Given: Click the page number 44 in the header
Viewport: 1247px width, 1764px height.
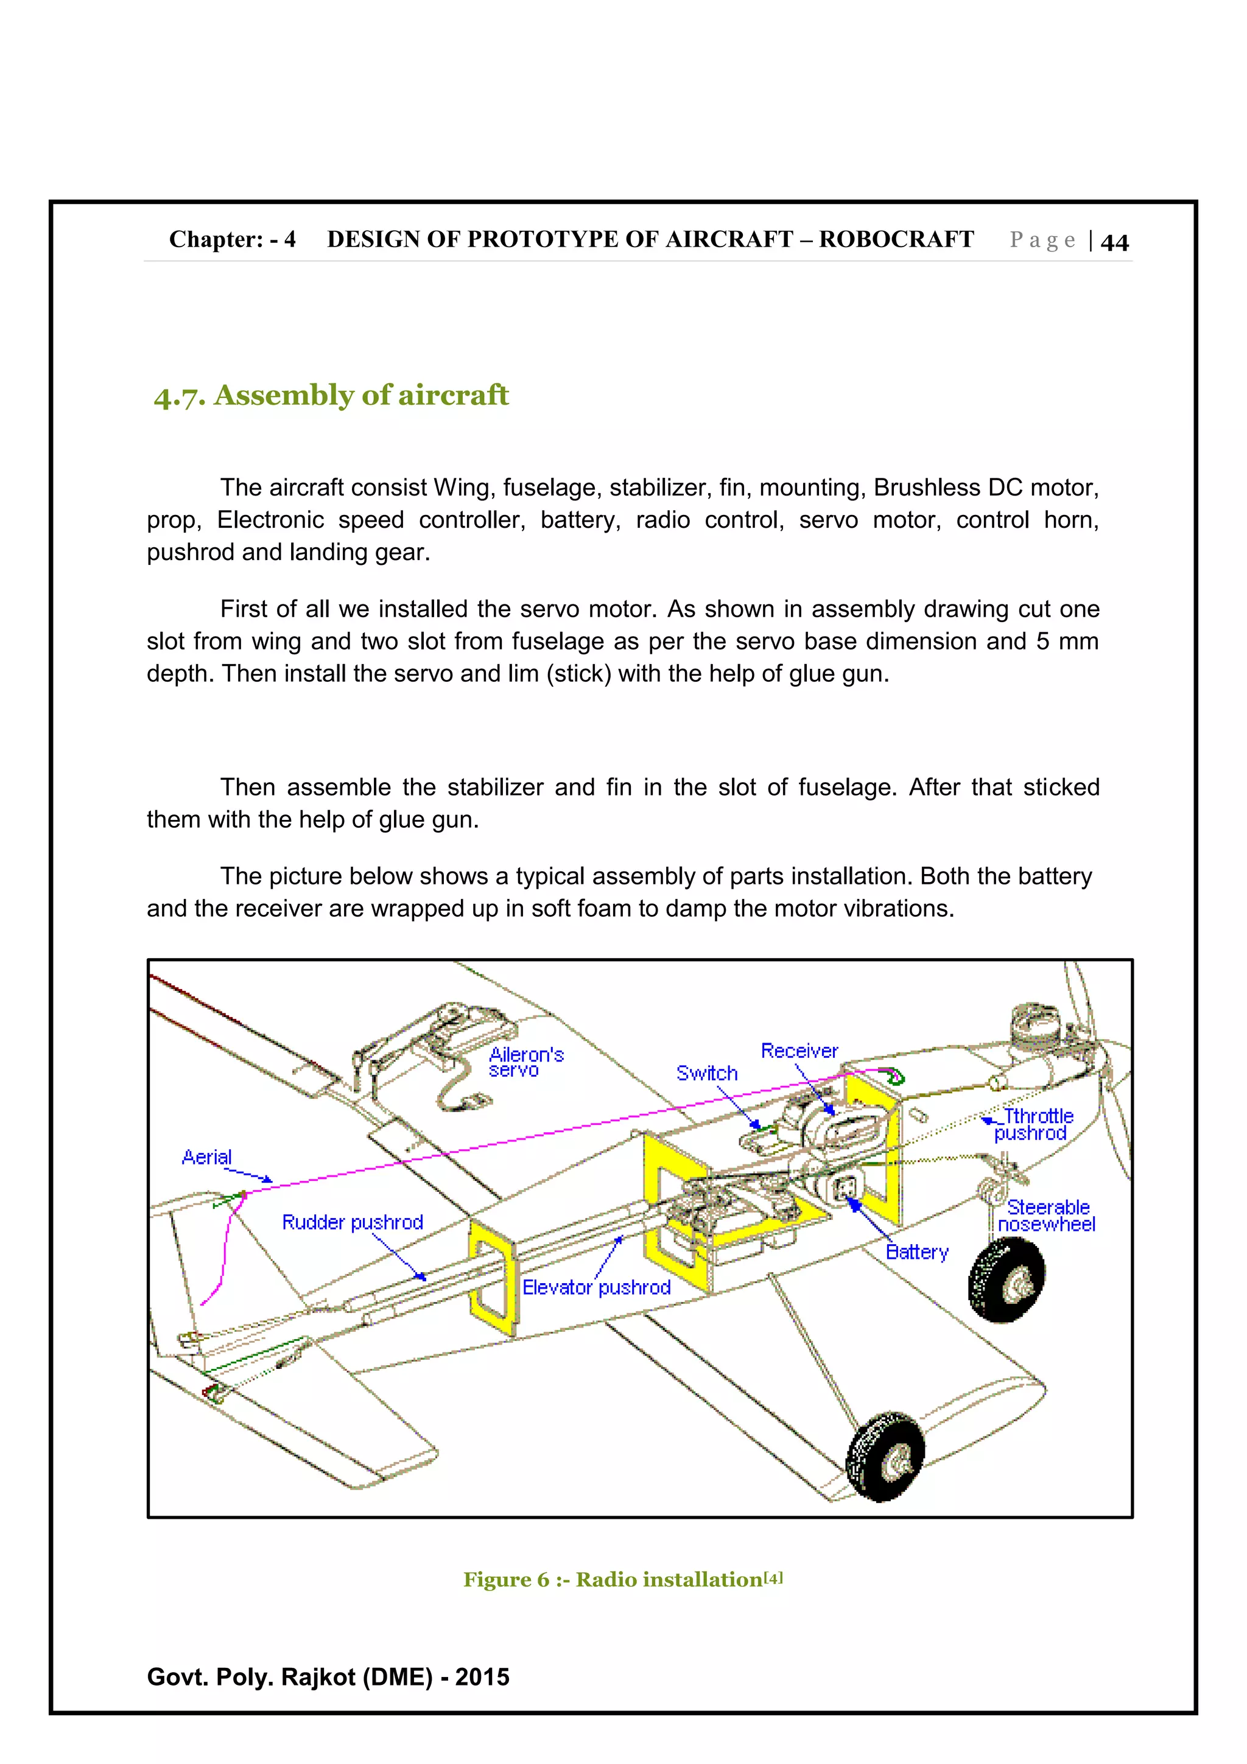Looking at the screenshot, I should click(x=1114, y=242).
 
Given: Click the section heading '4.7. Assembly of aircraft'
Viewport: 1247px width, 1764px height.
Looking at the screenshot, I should click(x=331, y=396).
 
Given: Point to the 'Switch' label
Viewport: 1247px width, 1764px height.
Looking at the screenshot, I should click(x=706, y=1073).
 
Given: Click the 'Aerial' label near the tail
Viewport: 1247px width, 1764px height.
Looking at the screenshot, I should click(x=206, y=1157).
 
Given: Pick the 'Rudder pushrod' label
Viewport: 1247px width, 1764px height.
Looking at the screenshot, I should click(x=352, y=1222).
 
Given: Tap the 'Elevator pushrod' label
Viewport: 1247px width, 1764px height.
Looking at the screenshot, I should click(x=596, y=1287).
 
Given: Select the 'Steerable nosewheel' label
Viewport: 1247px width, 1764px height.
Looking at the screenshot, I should click(x=1047, y=1216).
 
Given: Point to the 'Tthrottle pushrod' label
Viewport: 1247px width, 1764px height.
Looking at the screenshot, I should click(x=1033, y=1124).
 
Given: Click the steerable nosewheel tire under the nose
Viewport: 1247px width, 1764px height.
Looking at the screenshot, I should click(x=1006, y=1279).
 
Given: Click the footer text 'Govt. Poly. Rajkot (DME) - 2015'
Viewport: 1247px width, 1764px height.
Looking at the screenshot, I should click(x=328, y=1676).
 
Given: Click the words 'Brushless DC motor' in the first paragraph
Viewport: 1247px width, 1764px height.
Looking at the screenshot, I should click(x=986, y=488).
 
